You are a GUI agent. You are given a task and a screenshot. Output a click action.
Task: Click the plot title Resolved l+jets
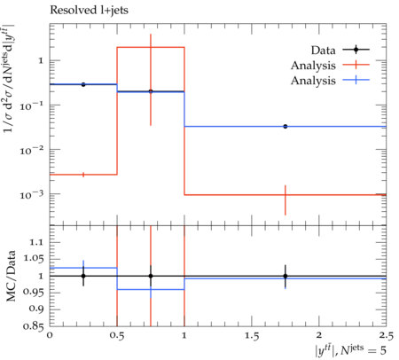pos(89,11)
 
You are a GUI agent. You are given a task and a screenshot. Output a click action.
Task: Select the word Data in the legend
pos(323,51)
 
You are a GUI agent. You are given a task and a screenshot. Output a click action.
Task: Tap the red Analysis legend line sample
pos(356,65)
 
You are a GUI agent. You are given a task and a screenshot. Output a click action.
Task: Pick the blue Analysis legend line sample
pos(356,80)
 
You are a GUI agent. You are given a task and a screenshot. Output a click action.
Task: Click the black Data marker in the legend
pos(356,50)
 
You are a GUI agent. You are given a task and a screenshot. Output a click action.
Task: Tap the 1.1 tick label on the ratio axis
pos(36,242)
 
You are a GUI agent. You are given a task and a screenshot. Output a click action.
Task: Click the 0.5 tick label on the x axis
pos(117,336)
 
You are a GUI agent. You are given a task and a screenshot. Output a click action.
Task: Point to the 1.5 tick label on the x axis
pos(252,336)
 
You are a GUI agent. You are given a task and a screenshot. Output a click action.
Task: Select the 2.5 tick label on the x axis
pos(387,336)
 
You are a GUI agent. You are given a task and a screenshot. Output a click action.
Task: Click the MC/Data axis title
pos(11,276)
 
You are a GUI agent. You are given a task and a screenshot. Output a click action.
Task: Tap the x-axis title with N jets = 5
pos(350,350)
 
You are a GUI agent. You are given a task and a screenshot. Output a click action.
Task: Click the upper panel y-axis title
pos(9,78)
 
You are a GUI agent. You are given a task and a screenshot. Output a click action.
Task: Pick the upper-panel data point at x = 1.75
pos(286,127)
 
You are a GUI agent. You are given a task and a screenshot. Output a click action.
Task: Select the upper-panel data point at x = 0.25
pos(83,84)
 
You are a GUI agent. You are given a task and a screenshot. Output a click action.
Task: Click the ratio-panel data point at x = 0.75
pos(151,276)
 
